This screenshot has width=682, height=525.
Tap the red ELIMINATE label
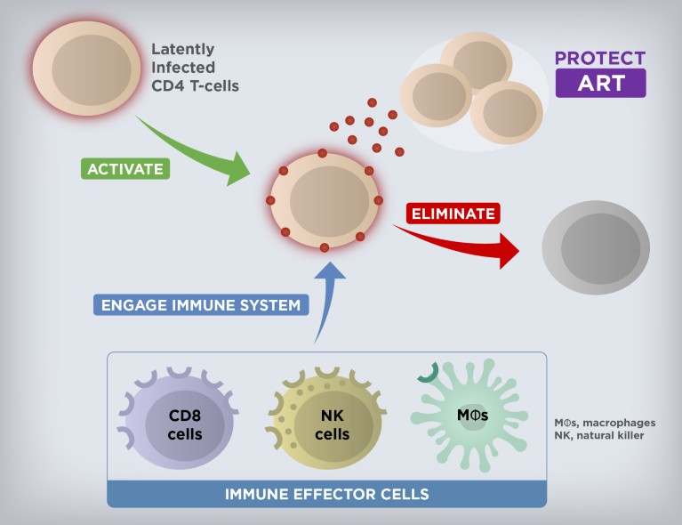pos(453,214)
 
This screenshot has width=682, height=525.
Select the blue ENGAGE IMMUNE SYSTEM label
pos(201,305)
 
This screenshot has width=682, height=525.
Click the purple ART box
pos(600,83)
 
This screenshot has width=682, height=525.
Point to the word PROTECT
pos(600,59)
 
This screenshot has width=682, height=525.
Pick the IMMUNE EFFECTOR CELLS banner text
pos(326,494)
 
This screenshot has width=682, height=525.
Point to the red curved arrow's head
pos(509,250)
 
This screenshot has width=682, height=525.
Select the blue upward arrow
pos(325,294)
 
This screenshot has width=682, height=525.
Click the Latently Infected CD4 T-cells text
pos(195,68)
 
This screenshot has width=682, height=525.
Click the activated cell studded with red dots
pos(325,198)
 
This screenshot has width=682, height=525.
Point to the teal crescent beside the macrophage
pos(429,374)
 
